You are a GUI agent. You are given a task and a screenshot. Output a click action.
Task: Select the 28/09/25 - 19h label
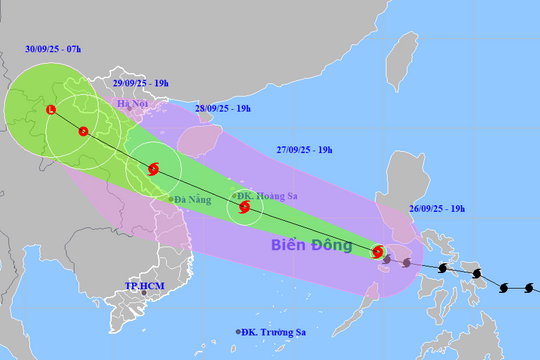[221, 107]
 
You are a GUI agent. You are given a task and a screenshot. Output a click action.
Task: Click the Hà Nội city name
[133, 104]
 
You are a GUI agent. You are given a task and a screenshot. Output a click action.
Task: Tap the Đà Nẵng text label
[193, 200]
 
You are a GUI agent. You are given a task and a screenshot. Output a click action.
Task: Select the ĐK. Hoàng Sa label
[260, 195]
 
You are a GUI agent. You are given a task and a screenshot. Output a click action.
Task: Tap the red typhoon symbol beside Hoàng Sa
[245, 208]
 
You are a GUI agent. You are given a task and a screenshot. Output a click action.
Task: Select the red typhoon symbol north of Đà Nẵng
[152, 170]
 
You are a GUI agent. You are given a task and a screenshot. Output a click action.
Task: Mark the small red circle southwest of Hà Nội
[83, 131]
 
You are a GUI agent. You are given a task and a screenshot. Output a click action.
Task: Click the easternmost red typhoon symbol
[378, 253]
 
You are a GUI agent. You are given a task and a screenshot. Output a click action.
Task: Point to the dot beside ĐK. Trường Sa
[238, 332]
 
